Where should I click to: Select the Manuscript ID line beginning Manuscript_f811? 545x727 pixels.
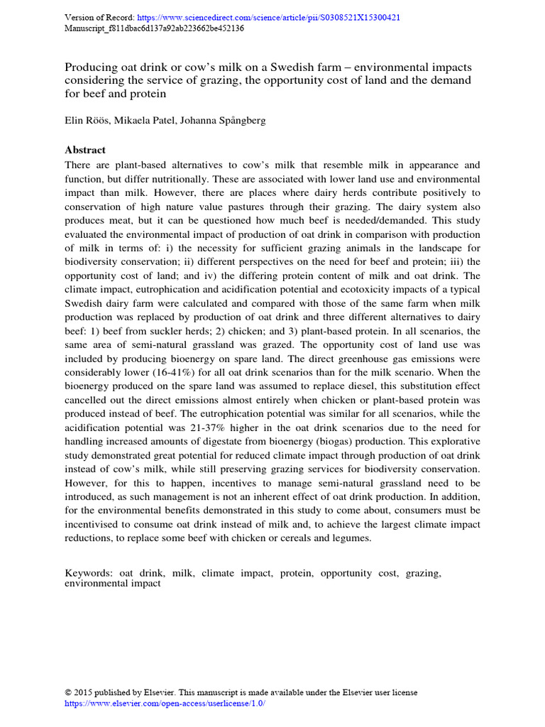coord(154,28)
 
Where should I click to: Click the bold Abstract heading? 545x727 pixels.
coord(85,150)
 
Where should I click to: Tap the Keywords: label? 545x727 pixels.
coord(89,572)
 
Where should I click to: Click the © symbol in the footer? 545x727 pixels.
coord(69,692)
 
